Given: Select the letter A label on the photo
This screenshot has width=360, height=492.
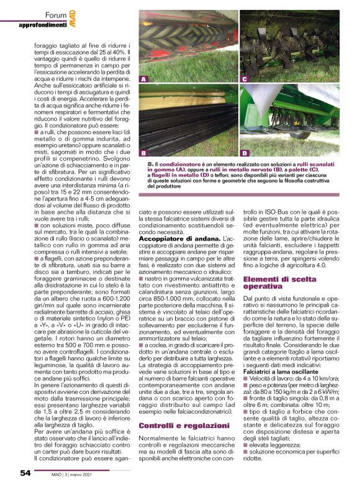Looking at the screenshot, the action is point(144,80).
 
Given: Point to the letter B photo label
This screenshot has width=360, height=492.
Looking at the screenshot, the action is point(144,152).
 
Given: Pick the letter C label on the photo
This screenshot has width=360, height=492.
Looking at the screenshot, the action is point(244,80).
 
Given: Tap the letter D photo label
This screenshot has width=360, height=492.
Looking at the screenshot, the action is point(244,152).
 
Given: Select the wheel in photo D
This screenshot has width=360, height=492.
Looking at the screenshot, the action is point(304,134).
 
